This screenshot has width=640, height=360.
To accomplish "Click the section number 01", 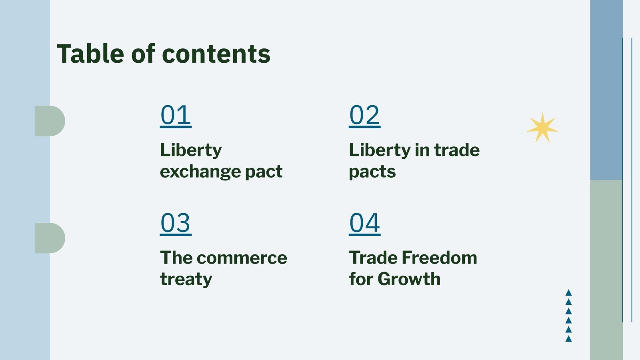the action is (x=176, y=115).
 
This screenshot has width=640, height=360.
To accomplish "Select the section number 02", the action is (x=364, y=115).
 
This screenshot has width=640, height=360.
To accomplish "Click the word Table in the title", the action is (x=90, y=54).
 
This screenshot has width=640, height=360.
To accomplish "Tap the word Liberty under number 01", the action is (x=191, y=150).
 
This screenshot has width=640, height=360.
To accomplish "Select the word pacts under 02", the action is (x=372, y=172).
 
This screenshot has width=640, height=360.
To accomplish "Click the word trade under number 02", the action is (x=457, y=150).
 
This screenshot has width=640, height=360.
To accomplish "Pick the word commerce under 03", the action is (x=242, y=258).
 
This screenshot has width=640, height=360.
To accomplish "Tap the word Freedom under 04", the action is (x=440, y=258).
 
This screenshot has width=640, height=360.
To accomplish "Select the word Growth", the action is (x=409, y=279).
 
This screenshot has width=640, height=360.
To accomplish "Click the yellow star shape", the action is (x=542, y=128).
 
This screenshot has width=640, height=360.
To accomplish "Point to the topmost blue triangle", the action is (x=568, y=292).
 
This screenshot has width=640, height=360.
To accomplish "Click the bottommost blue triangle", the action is (x=568, y=339).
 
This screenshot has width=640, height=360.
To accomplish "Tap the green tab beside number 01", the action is (x=50, y=121).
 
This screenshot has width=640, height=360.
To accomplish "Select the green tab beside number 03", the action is (x=50, y=238).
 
